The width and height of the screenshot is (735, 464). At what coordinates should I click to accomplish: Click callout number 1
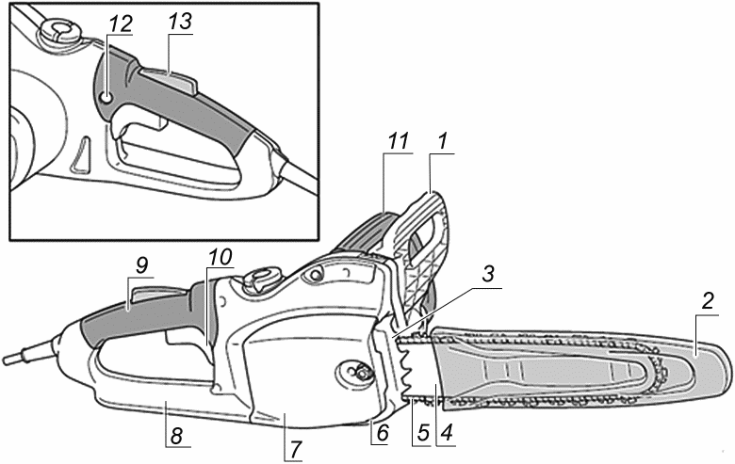pyautogui.click(x=442, y=141)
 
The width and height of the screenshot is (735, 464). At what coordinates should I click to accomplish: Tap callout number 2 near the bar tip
pyautogui.click(x=708, y=300)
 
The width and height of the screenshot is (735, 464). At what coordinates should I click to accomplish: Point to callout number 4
pyautogui.click(x=447, y=432)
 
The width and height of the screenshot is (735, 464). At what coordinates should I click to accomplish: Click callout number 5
pyautogui.click(x=423, y=433)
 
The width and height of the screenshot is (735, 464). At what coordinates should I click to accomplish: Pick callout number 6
pyautogui.click(x=383, y=433)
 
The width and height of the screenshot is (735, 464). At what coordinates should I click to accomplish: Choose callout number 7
pyautogui.click(x=294, y=449)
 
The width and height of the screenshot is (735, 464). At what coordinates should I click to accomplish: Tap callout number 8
pyautogui.click(x=175, y=437)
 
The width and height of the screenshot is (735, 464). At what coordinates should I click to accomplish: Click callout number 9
pyautogui.click(x=141, y=266)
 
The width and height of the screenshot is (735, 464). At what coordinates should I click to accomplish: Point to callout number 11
pyautogui.click(x=398, y=141)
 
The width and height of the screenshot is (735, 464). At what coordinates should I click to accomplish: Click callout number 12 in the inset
pyautogui.click(x=119, y=24)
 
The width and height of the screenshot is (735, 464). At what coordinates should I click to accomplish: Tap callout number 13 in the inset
pyautogui.click(x=180, y=22)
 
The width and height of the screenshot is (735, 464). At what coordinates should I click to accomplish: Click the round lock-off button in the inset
pyautogui.click(x=106, y=98)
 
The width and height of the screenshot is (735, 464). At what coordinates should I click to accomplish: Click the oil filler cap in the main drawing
pyautogui.click(x=261, y=279)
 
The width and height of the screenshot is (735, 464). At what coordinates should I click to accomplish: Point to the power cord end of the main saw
pyautogui.click(x=10, y=360)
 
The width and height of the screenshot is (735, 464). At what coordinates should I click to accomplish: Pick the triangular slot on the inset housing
pyautogui.click(x=80, y=155)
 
